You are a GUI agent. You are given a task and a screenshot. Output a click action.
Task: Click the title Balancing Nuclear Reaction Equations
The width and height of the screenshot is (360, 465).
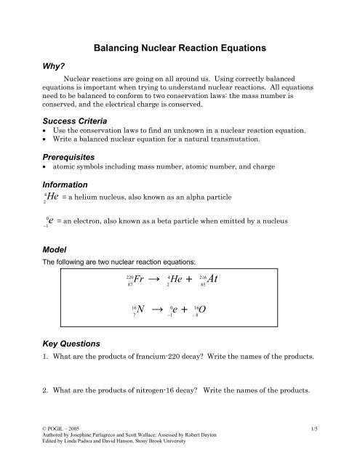click(x=180, y=49)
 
